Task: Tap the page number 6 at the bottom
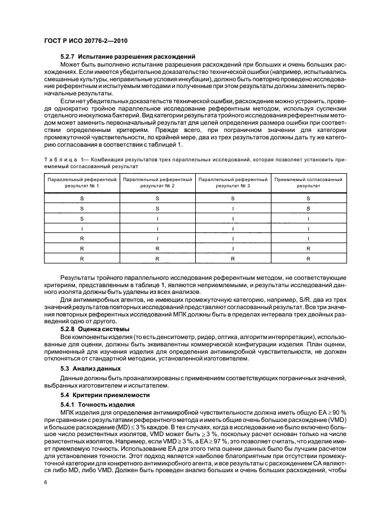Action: (x=46, y=482)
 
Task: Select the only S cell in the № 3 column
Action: (x=232, y=198)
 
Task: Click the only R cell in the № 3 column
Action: (x=232, y=258)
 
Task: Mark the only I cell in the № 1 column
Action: (x=82, y=228)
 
